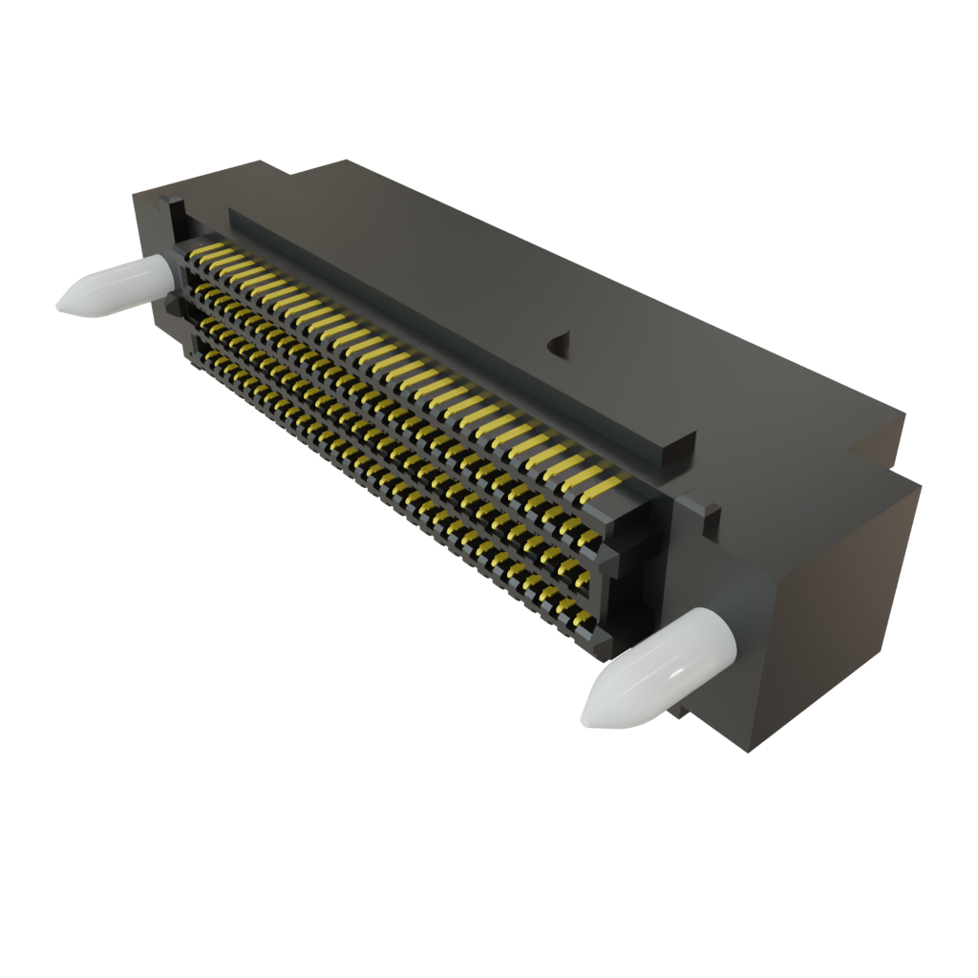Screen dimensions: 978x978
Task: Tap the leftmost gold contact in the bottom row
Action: pyautogui.click(x=202, y=355)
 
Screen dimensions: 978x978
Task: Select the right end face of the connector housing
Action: pyautogui.click(x=831, y=611)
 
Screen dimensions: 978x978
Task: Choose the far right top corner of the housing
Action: pyautogui.click(x=904, y=413)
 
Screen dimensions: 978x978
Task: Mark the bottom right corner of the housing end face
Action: pyautogui.click(x=750, y=751)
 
